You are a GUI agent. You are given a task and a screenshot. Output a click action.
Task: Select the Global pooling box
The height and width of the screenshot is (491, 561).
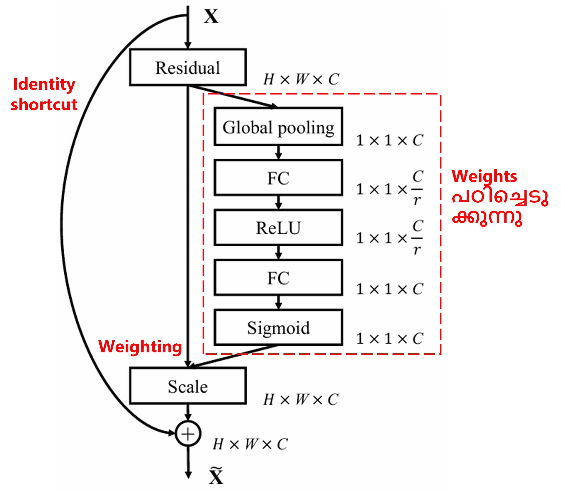(278, 127)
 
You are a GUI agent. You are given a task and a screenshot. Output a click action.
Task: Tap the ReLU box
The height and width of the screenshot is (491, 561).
(278, 227)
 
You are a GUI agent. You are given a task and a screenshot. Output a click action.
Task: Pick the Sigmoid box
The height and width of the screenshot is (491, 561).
(278, 327)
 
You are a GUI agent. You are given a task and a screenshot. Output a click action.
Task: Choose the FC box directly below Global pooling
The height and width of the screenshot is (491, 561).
(278, 178)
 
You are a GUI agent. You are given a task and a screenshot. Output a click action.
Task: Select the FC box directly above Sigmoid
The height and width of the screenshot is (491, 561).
(278, 278)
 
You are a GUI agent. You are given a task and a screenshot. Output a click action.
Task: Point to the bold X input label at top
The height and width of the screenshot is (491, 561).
(211, 16)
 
